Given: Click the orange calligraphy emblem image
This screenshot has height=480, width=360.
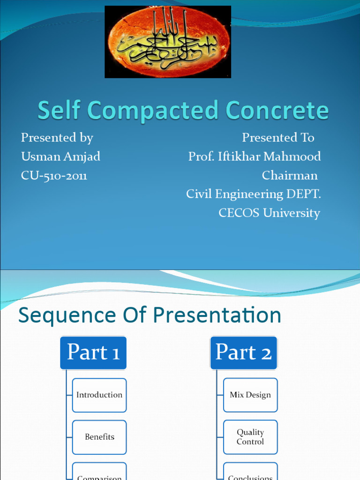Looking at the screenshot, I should click(168, 42).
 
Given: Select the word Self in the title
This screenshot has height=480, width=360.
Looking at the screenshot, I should click(58, 111).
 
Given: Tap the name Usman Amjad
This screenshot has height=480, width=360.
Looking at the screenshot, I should click(60, 157).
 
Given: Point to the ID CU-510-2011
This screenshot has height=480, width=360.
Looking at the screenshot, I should click(54, 176).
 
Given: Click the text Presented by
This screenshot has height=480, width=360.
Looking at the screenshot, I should click(57, 138).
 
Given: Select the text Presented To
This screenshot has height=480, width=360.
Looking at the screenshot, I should click(277, 138).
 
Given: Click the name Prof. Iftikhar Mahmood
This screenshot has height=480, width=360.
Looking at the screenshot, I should click(255, 157).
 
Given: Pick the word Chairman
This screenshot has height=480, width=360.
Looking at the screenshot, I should click(289, 176).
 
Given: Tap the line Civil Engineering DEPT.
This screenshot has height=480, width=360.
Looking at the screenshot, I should click(253, 194).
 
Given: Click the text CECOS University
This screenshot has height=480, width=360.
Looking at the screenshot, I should click(269, 213).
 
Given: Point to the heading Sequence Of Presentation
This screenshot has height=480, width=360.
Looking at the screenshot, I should click(150, 315).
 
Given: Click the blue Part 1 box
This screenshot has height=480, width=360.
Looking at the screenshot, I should click(93, 352).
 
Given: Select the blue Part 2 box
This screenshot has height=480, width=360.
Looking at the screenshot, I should click(244, 352).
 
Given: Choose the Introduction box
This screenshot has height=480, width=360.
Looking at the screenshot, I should click(99, 395).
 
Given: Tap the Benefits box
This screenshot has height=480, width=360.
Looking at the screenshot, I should click(99, 437).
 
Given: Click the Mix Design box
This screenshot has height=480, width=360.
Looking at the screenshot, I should click(250, 395).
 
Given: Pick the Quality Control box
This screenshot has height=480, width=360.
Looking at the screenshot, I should click(250, 437).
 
